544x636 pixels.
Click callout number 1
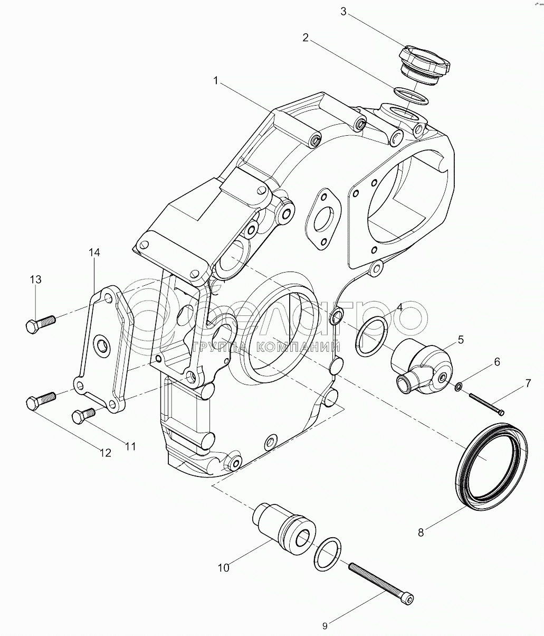click(216, 81)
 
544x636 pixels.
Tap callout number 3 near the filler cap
click(343, 12)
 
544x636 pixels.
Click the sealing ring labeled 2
click(411, 97)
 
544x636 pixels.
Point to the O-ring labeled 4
click(371, 337)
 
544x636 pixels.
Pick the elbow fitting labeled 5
click(421, 368)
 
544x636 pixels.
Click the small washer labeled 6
click(458, 387)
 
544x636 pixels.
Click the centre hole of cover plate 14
click(101, 342)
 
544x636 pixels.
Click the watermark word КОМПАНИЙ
click(298, 347)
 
